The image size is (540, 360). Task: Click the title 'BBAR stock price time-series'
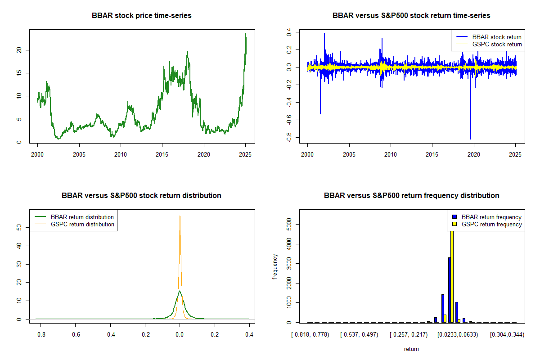(142, 16)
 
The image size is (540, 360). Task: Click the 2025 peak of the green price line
(246, 34)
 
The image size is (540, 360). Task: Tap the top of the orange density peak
(180, 216)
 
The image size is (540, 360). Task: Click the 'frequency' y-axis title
(275, 267)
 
